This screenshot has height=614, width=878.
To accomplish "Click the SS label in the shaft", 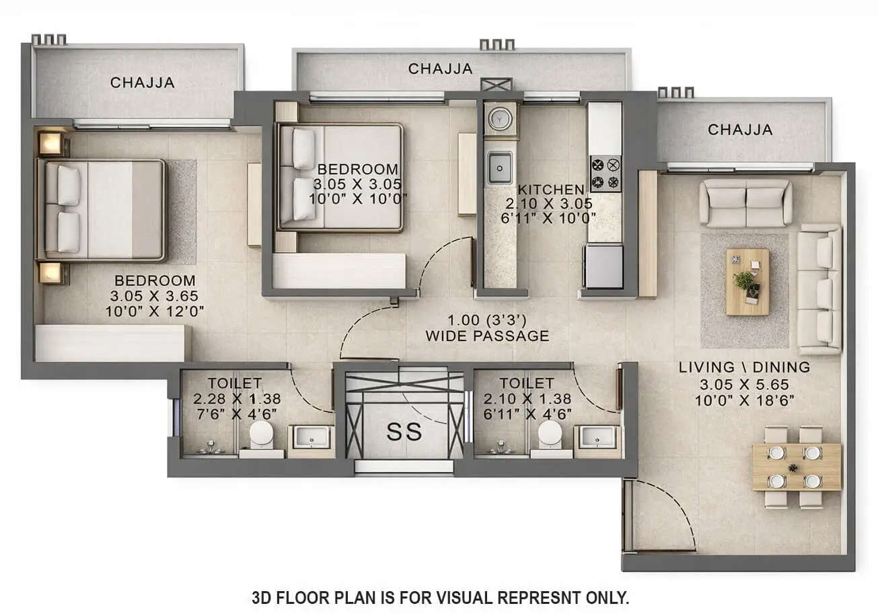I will tap(404, 432).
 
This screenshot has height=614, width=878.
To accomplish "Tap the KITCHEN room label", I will tap(550, 190).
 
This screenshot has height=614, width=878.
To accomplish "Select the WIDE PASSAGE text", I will tap(487, 336).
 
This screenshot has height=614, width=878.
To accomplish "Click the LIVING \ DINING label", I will tap(743, 367).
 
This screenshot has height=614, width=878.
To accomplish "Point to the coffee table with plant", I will tap(747, 281).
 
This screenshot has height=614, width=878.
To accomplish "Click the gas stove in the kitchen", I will tap(606, 174).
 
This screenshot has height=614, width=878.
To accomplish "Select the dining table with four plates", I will tap(796, 466).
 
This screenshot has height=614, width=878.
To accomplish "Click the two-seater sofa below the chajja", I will tap(745, 202).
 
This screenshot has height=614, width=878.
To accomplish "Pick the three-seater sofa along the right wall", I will tap(819, 289).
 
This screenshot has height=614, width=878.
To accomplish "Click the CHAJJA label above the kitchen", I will tap(440, 69).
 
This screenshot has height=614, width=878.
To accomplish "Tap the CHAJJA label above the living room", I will tap(739, 130).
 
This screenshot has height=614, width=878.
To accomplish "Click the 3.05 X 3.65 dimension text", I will tap(154, 296).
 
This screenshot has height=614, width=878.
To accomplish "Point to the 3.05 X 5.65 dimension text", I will tap(743, 385).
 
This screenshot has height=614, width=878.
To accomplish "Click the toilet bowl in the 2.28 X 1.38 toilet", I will tap(261, 435).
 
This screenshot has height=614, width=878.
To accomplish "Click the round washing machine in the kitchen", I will tap(500, 119).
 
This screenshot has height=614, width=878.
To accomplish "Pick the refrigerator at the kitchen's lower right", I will tap(603, 266).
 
